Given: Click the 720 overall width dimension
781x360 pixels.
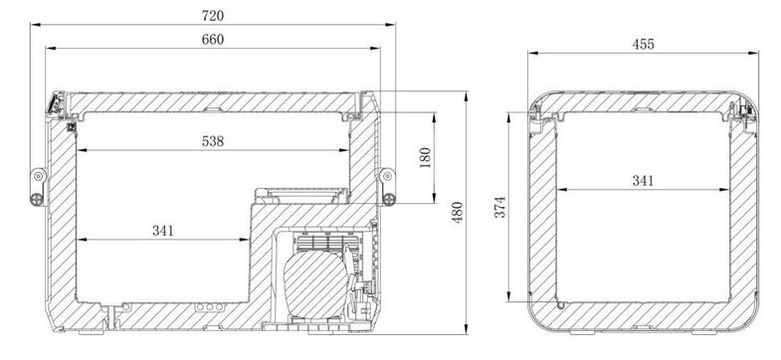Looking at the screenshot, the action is (213, 16).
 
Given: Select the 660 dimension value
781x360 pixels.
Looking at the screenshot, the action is (213, 40).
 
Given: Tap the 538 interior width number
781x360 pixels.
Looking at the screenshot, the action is (213, 141).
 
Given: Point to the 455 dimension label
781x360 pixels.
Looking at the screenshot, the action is (643, 45).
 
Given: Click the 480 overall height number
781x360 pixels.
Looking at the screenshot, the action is (457, 212).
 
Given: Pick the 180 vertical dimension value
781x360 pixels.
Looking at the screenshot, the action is (425, 157).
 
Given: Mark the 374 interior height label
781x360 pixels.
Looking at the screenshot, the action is (500, 207).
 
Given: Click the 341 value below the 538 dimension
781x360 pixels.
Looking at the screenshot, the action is (163, 231).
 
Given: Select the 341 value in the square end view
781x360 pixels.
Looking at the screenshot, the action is (643, 180).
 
